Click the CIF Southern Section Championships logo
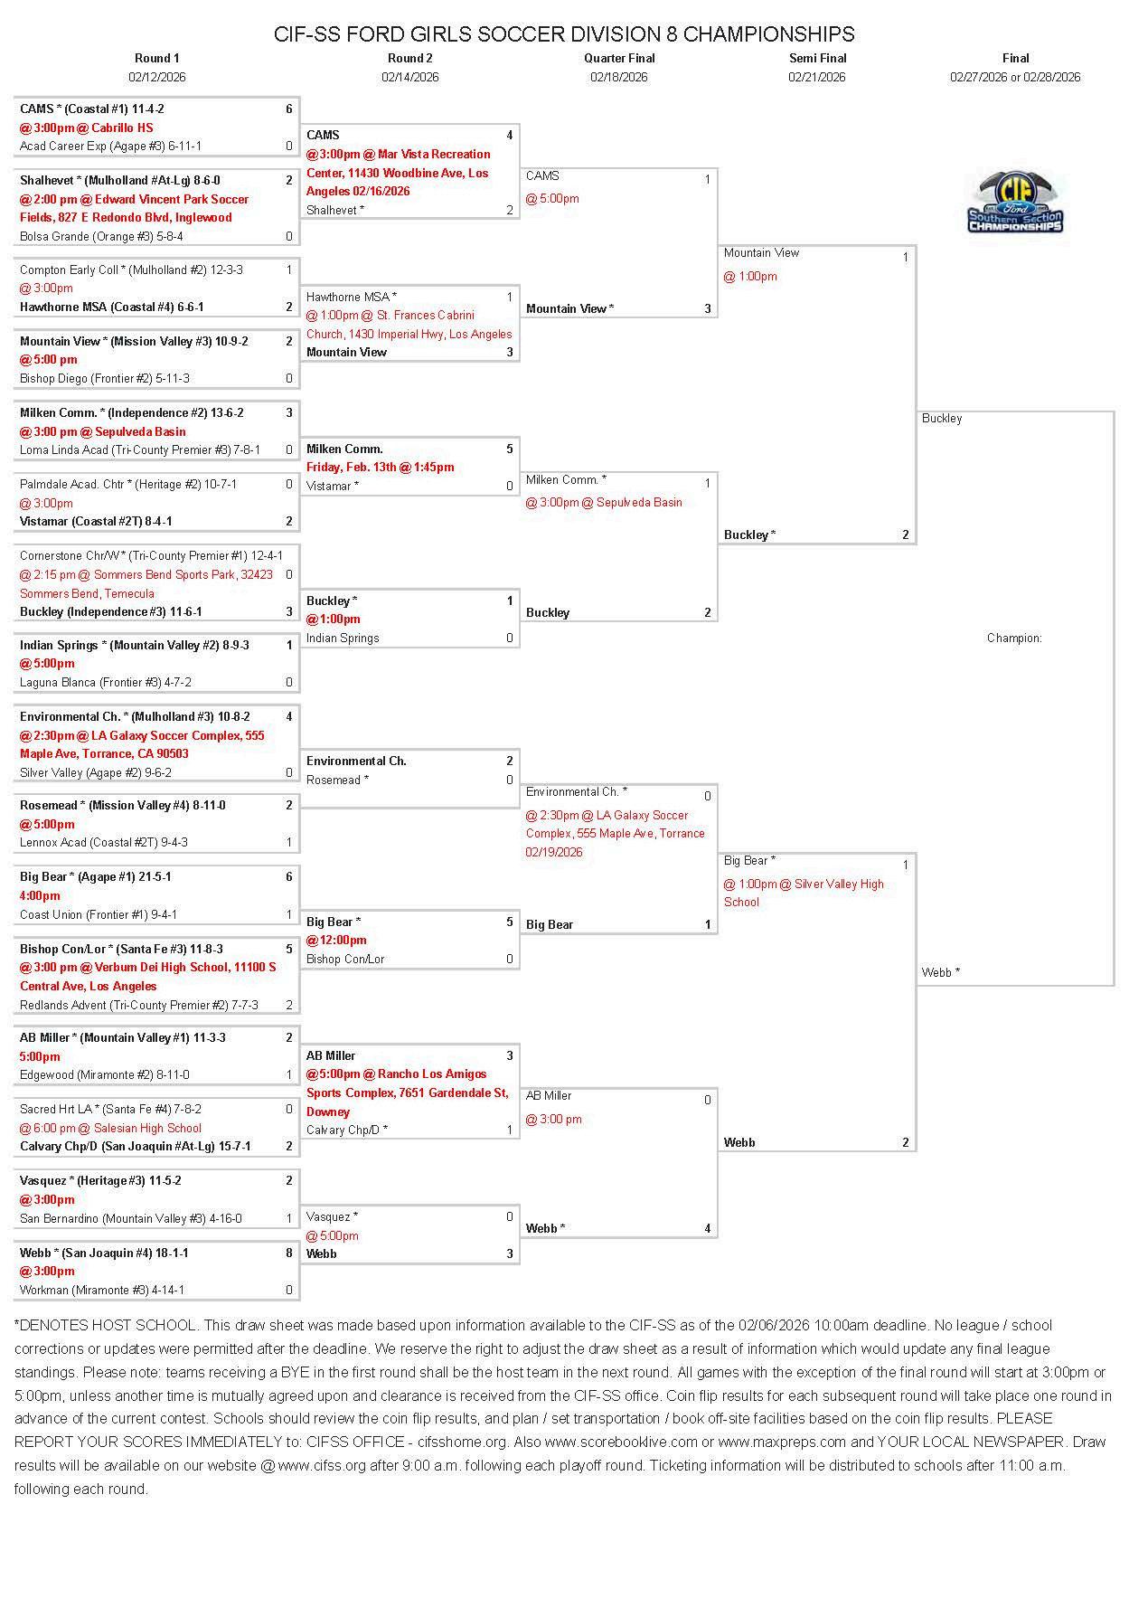pos(1015,203)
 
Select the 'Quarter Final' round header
pos(619,58)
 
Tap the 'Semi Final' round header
pos(817,58)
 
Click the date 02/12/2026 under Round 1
pos(157,77)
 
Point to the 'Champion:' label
pos(1014,638)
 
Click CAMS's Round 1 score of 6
pos(289,109)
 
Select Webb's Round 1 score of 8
pos(289,1253)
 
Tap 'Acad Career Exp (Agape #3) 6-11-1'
pos(110,146)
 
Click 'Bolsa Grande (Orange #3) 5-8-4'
pos(101,236)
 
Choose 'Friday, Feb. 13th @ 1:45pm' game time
pos(380,467)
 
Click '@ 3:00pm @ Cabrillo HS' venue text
pos(87,128)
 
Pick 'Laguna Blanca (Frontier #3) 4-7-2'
pos(106,682)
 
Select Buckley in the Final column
pos(942,418)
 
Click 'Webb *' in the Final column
pos(941,972)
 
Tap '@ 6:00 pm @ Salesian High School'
pos(110,1128)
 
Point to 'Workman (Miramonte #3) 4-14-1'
pos(102,1290)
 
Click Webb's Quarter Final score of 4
pos(708,1228)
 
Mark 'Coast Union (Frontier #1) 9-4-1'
pos(99,914)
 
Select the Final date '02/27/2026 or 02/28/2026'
pos(1015,77)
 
